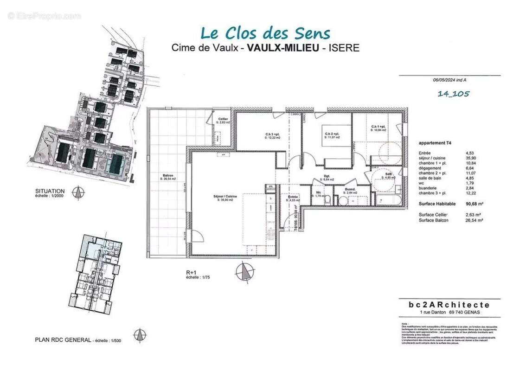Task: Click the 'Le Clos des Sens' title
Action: point(265,33)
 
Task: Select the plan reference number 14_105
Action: point(453,94)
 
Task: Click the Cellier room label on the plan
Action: point(222,119)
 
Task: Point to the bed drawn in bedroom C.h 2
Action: point(336,134)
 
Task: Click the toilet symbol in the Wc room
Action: point(327,199)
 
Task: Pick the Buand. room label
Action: point(350,189)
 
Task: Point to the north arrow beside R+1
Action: point(244,271)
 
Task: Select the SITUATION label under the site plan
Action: point(50,191)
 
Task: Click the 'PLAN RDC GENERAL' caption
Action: point(63,340)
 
